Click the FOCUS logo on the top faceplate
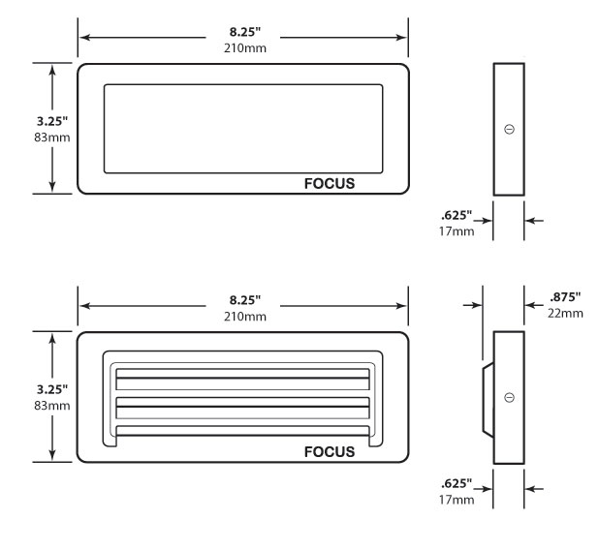click(x=329, y=183)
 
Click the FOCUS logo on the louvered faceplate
click(x=329, y=451)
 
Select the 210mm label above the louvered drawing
click(x=242, y=316)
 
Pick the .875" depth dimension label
click(x=563, y=299)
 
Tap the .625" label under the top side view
click(x=456, y=215)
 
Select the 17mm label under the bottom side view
click(x=457, y=499)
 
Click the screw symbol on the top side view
click(x=510, y=129)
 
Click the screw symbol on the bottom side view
click(x=510, y=398)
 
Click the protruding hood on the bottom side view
click(x=487, y=397)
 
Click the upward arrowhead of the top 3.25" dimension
click(x=51, y=70)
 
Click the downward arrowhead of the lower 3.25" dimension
click(x=51, y=455)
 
